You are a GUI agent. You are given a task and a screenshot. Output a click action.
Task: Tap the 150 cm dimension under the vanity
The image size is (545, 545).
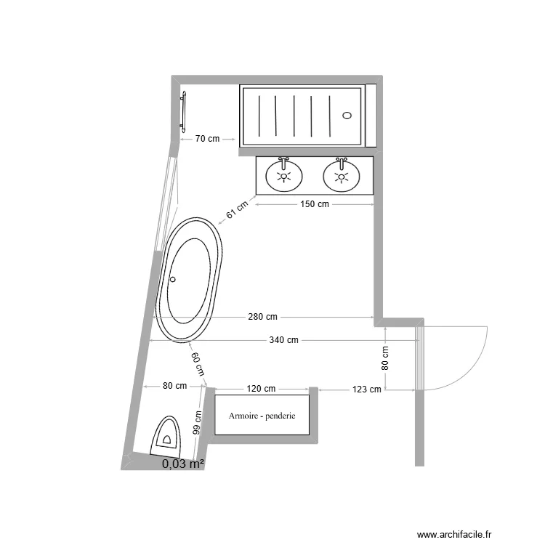pos(314,204)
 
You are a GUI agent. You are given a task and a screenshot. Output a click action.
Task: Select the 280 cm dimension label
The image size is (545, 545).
pos(262,317)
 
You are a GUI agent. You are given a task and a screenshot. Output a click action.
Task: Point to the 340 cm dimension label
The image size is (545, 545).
pos(283,340)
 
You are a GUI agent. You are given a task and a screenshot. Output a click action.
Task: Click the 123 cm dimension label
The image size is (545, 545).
pos(367,389)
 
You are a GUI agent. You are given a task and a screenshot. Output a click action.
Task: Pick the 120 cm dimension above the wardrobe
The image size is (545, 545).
pos(261,389)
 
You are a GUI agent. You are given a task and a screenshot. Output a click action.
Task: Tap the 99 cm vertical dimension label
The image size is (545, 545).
pos(196,421)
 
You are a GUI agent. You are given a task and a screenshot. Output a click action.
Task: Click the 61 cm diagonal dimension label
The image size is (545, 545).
pos(237,210)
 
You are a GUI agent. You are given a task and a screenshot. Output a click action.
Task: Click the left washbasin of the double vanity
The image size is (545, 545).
pos(283,174)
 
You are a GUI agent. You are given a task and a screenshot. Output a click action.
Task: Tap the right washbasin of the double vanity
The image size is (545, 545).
pos(341,174)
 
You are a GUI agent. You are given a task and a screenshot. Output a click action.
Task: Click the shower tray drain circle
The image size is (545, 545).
pos(347,115)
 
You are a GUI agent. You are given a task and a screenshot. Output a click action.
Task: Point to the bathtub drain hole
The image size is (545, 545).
pos(173,279)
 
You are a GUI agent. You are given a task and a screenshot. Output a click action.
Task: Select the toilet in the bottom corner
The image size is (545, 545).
pos(166,436)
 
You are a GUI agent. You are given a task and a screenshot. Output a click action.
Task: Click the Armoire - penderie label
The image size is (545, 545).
pos(261,416)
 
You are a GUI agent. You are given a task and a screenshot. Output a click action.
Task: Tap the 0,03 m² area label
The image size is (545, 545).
pos(183,464)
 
